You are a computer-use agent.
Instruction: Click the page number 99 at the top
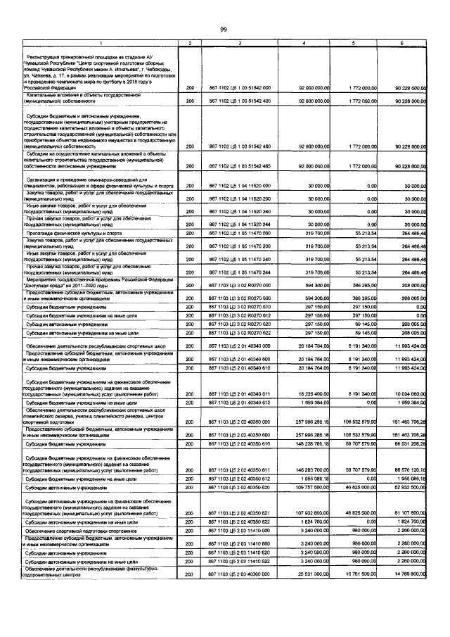[224, 28]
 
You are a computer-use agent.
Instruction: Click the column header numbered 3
[240, 44]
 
